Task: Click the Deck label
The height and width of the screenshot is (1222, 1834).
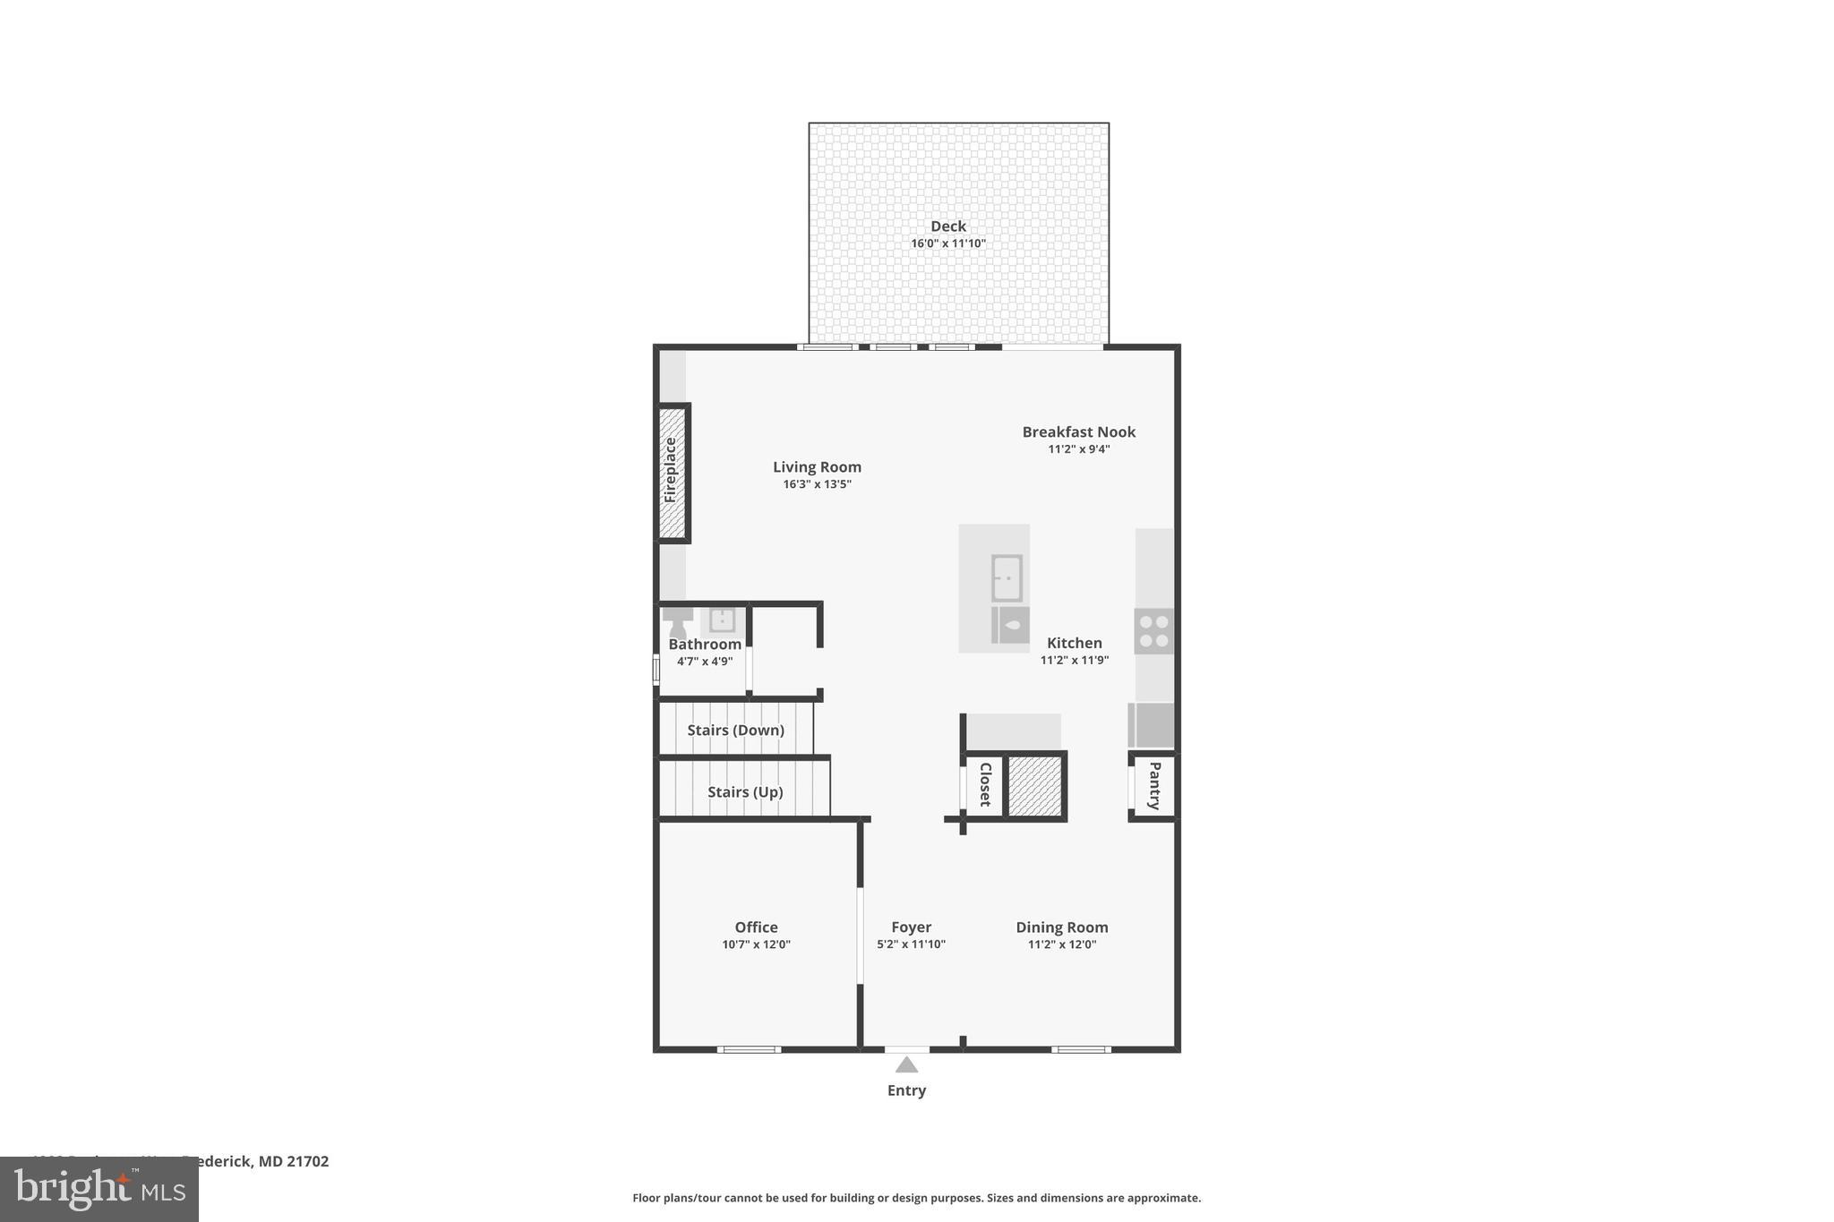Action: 947,226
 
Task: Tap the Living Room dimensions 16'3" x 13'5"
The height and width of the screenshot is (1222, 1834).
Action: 817,484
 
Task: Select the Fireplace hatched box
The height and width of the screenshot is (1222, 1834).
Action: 672,473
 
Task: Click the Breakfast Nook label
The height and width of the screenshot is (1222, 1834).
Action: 1078,432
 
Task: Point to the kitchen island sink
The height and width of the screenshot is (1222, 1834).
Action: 1007,577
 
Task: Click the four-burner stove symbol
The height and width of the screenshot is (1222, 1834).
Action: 1153,630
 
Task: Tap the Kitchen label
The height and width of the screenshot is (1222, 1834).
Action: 1074,643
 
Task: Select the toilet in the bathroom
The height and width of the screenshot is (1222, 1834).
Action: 678,622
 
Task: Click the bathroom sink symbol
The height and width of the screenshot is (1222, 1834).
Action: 722,620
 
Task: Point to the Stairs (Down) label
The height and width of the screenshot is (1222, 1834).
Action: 735,730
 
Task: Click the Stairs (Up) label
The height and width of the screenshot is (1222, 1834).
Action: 744,791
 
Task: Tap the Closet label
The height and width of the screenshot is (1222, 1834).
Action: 985,784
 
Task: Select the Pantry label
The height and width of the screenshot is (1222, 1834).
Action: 1154,785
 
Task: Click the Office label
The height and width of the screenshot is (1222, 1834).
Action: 756,927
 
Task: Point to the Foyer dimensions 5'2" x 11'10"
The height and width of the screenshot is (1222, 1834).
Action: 911,944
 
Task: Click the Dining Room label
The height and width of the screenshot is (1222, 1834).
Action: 1061,927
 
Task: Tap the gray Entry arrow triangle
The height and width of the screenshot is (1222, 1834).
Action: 906,1064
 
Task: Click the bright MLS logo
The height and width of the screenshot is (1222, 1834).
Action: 99,1189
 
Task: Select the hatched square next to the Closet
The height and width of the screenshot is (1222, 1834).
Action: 1034,785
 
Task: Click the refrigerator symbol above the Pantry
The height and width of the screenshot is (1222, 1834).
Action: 1151,724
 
